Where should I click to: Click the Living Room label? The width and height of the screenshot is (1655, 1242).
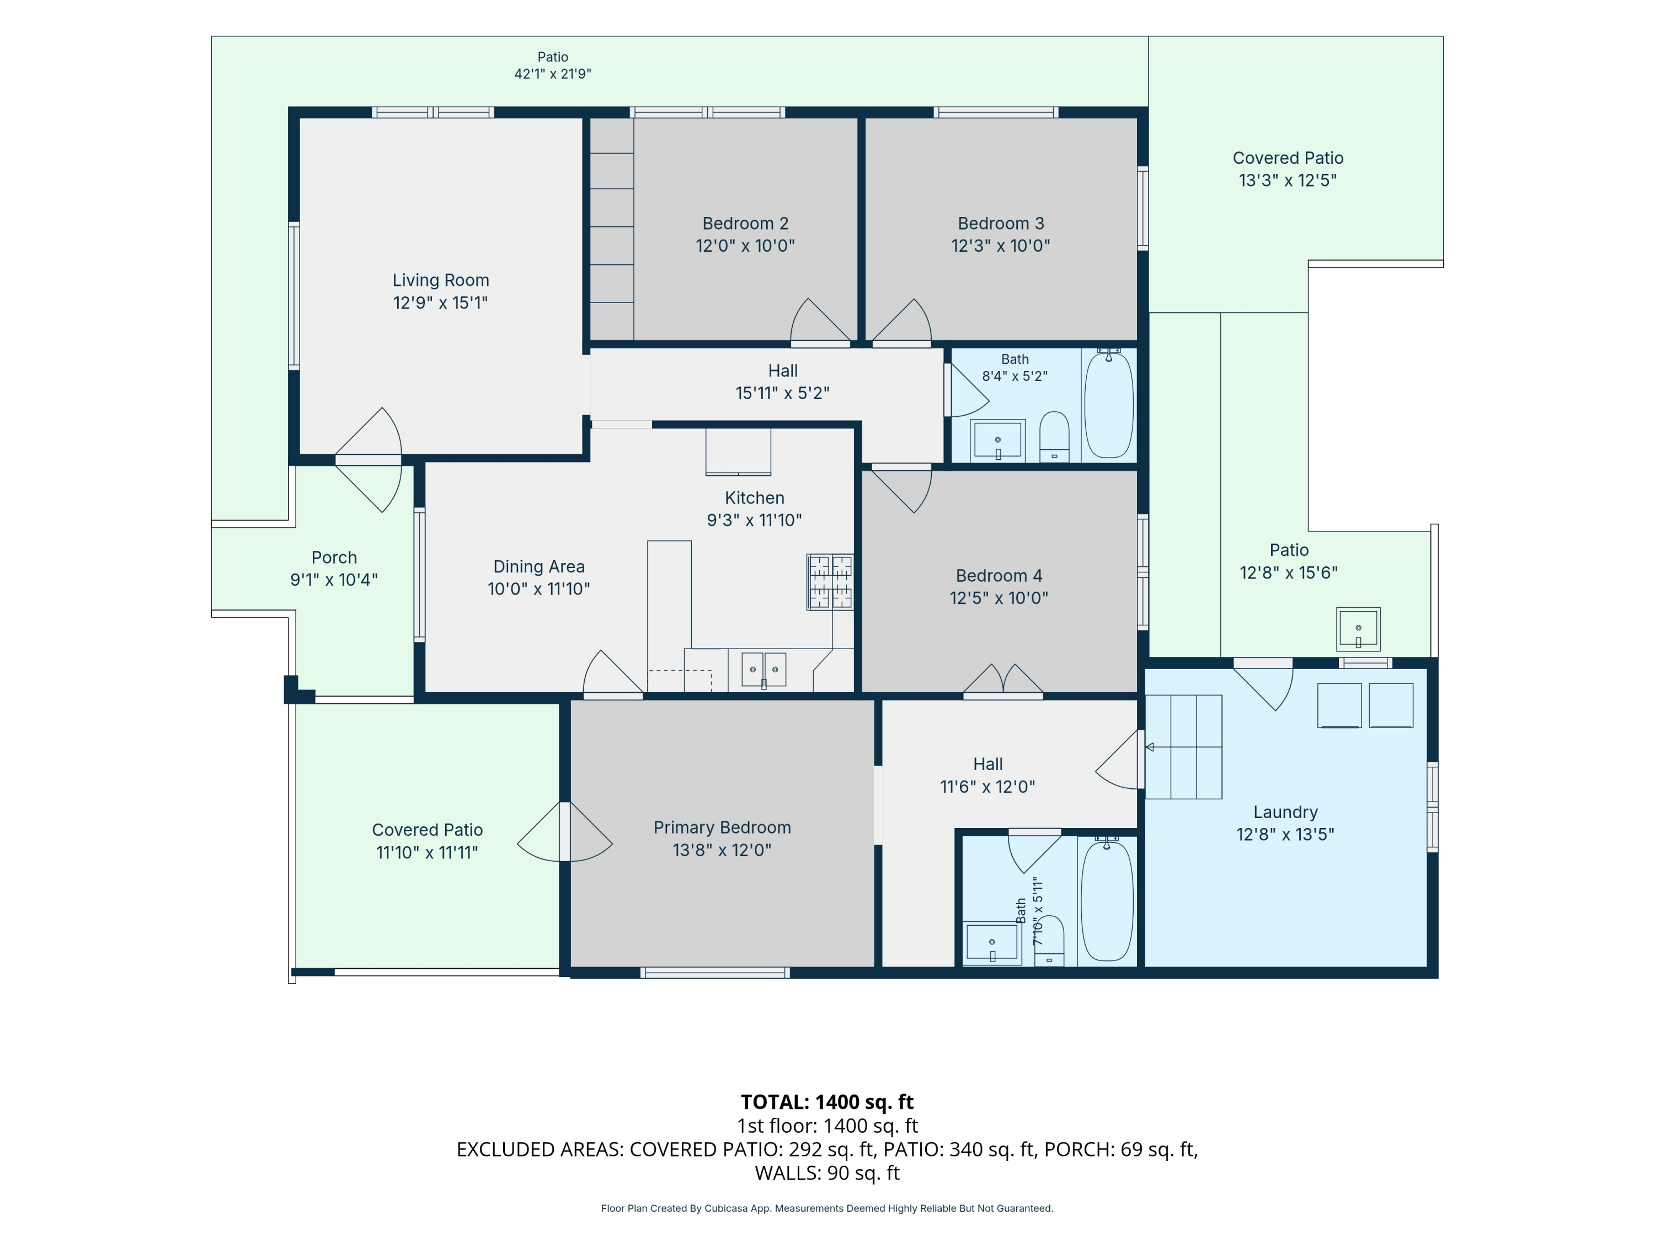pos(441,280)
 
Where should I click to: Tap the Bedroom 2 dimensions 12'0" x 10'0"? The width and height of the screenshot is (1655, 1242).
pos(745,246)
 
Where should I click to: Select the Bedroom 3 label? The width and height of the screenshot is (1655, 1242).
pos(1001,223)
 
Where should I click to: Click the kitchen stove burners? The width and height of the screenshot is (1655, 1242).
pos(830,582)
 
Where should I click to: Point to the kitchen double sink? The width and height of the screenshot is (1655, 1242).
pos(763,669)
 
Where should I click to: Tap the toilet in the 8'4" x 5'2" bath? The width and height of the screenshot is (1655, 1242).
pos(1054,437)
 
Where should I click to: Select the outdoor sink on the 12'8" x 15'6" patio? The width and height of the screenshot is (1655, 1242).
pos(1358,629)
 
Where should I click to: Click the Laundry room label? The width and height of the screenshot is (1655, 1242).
pos(1285,813)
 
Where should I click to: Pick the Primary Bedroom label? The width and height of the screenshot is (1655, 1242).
pos(722,827)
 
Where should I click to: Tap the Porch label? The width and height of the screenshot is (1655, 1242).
pos(334,558)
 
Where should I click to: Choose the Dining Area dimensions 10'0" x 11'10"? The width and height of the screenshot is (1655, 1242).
pos(538,589)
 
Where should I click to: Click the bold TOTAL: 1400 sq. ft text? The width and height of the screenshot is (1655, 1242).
pos(827,1102)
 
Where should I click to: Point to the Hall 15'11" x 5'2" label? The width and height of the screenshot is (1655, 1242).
pos(783,382)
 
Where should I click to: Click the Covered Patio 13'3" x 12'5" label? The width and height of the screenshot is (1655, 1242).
pos(1288,169)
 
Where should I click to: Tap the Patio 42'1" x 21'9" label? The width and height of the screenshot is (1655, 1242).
pos(552,65)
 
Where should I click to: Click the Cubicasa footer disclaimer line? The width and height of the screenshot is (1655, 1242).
pos(827,1208)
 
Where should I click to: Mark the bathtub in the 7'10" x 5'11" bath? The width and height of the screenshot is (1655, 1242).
pos(1107,901)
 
